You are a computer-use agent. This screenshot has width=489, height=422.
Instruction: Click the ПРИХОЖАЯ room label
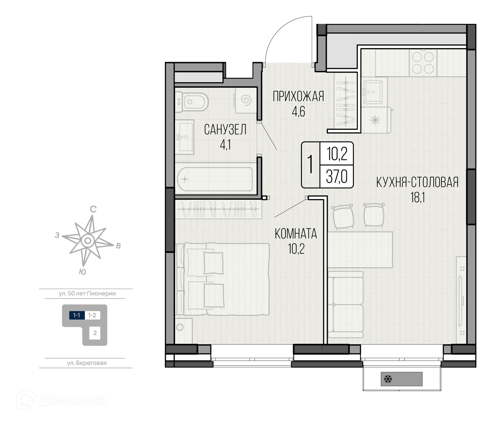click(x=298, y=96)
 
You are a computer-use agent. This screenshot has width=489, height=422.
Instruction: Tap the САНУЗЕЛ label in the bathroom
click(x=225, y=130)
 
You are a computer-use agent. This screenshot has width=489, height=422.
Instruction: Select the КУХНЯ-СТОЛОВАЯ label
click(x=417, y=182)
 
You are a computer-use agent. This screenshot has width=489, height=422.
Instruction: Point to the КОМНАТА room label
click(x=296, y=234)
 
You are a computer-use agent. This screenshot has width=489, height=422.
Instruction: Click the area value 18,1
click(x=418, y=197)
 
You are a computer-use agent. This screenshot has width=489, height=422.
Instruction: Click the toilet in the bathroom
click(x=192, y=102)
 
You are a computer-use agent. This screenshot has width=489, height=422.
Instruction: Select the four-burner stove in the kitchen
click(x=423, y=63)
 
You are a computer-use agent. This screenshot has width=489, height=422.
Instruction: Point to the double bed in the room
click(x=222, y=279)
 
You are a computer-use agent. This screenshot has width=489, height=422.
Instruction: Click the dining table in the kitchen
click(x=360, y=250)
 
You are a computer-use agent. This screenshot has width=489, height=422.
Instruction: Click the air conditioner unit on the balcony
click(x=402, y=379)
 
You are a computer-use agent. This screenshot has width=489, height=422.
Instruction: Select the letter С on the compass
click(x=93, y=209)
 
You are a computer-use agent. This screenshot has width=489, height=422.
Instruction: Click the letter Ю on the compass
click(x=83, y=272)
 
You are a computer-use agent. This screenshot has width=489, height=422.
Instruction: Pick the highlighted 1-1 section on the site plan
click(x=77, y=315)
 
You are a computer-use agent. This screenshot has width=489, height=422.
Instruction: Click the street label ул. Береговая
click(x=87, y=363)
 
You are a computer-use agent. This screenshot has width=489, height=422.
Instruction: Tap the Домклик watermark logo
click(x=61, y=400)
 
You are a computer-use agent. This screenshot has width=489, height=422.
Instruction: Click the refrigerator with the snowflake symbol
click(x=376, y=120)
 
